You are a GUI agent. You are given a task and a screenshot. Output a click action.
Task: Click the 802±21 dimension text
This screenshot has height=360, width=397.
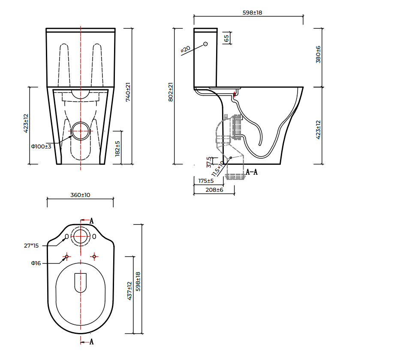pos(170,92)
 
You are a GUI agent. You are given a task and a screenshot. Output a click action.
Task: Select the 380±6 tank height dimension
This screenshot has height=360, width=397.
pos(318,54)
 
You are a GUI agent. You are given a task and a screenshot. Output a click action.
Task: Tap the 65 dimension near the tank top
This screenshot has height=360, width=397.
pos(226,38)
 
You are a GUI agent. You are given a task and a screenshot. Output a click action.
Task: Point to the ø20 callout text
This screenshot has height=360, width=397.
pos(185,49)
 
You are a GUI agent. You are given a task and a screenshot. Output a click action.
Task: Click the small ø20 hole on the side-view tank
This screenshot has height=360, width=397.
pos(205,44)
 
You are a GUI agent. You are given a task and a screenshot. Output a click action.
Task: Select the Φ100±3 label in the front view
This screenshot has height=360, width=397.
pos(41,147)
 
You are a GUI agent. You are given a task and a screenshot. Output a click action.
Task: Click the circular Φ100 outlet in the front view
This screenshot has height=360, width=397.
pos(81,131)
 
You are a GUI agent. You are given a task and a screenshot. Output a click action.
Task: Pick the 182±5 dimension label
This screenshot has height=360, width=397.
pos(118,148)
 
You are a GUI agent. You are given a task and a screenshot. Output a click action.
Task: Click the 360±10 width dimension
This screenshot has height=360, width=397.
pos(80,195)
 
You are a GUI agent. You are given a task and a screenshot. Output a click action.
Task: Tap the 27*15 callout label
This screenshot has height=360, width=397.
pos(31,246)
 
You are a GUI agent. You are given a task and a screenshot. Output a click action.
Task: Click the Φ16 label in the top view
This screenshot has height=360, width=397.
pos(36,263)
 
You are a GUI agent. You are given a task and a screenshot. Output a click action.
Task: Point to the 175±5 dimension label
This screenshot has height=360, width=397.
pos(206,181)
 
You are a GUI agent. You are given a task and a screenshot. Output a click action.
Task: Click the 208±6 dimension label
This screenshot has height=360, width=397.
pos(214,190)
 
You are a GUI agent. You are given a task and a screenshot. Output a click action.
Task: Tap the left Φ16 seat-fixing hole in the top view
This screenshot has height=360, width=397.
pos(66,257)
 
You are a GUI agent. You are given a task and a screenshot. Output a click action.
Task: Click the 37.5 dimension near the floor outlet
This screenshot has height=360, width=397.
pos(209,162)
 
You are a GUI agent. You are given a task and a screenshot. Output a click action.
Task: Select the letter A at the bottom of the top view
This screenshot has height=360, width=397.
pos(91,342)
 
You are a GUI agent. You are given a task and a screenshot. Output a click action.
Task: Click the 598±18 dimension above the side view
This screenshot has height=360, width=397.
pos(252,13)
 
